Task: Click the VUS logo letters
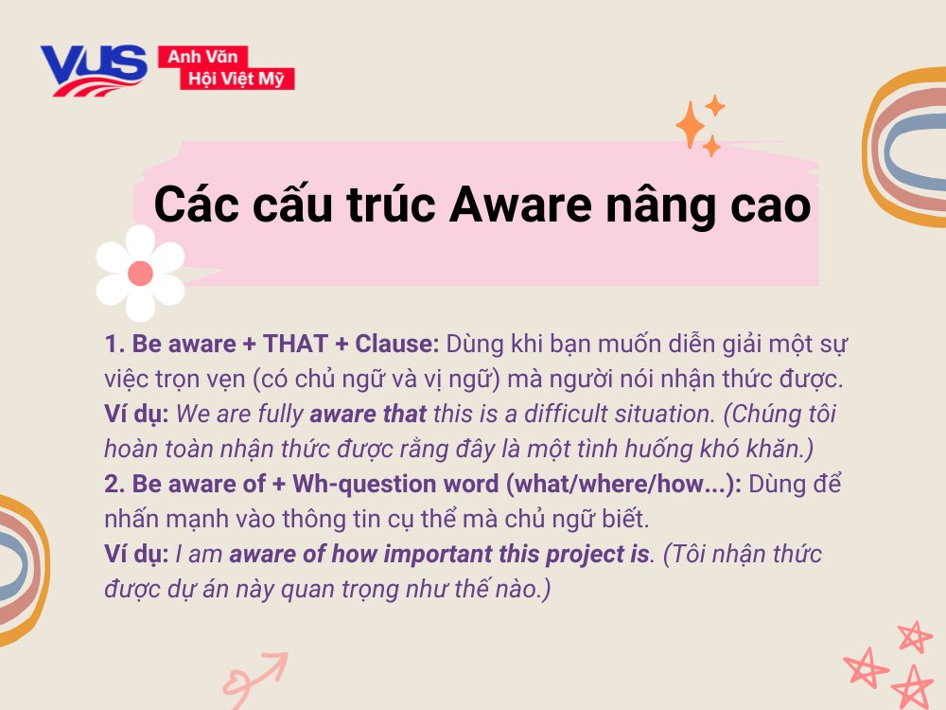tap(93, 66)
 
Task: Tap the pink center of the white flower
tap(140, 275)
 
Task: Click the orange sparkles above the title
tap(700, 125)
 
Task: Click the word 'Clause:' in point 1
tap(398, 344)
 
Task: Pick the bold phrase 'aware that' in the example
tap(368, 414)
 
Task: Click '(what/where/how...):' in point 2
tap(626, 484)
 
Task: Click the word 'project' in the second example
tap(584, 554)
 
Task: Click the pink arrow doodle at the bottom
tap(254, 675)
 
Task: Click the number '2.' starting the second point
tap(115, 484)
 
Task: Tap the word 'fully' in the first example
tap(280, 414)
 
